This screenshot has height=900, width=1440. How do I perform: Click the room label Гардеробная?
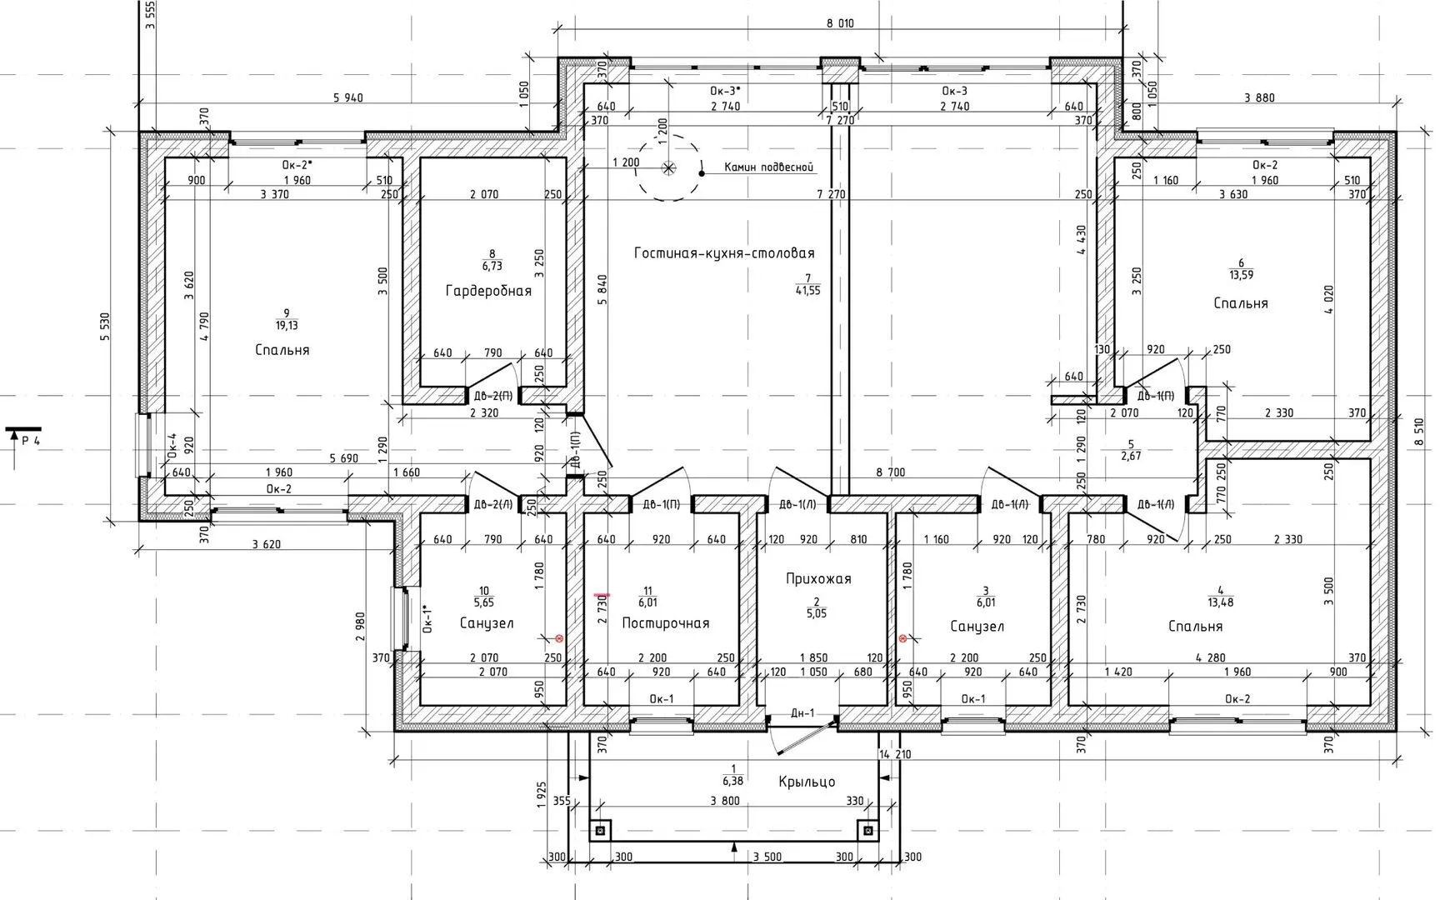point(488,291)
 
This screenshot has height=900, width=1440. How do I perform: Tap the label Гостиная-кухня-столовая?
point(724,252)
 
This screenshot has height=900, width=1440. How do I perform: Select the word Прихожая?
point(818,578)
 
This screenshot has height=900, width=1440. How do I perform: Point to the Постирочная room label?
point(666,623)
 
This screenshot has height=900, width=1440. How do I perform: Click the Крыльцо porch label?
point(807,782)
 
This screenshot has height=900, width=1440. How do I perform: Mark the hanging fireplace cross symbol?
point(668,167)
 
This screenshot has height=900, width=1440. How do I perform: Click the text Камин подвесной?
point(767,167)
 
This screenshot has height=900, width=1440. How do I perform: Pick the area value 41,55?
point(807,291)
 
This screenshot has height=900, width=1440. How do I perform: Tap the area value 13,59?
point(1241,274)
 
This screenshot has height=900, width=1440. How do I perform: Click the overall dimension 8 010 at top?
point(840,24)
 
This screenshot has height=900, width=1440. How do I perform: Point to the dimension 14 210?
point(895,754)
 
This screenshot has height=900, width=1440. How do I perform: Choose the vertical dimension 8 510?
point(1418,432)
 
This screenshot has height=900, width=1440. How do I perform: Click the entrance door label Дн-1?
point(802,713)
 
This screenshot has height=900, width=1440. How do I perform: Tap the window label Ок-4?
point(172,447)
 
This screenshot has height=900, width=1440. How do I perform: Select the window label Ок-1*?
point(426,619)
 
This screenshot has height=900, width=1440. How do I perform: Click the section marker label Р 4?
point(31,441)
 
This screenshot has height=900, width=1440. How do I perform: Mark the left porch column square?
point(599,831)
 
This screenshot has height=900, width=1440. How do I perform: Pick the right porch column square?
point(868,831)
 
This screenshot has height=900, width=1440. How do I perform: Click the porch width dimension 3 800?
point(724,802)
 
